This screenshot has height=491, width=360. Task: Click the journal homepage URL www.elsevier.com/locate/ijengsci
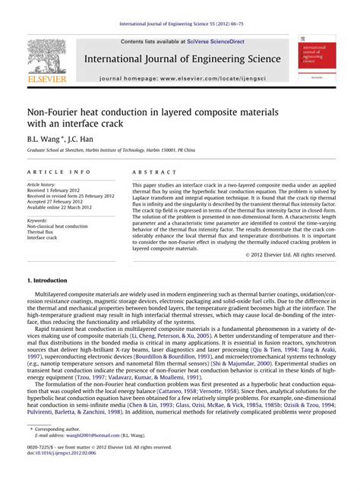point(207,78)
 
